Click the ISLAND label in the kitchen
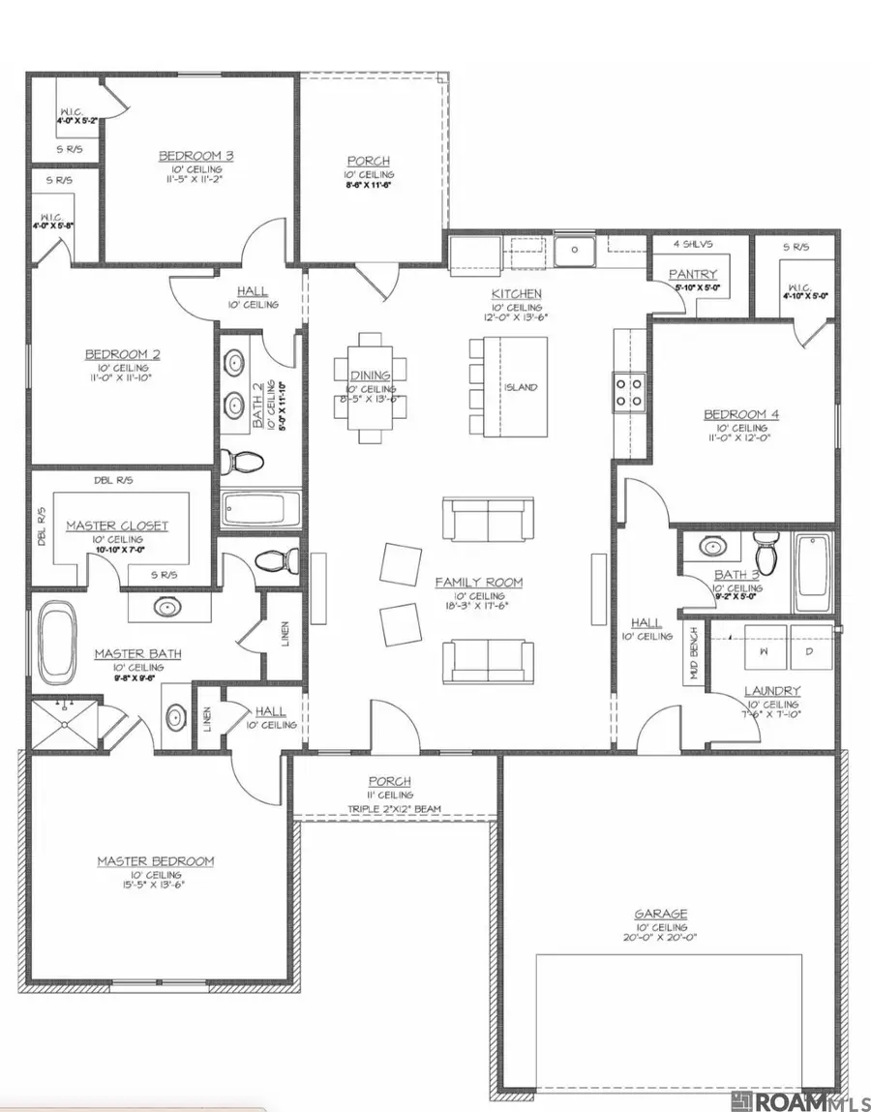[521, 387]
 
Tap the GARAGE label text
[661, 913]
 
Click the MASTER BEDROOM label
[155, 860]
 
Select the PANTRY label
[693, 274]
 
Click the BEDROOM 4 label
[741, 414]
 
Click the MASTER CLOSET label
[117, 526]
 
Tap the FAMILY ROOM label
[478, 582]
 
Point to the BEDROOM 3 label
[196, 155]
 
